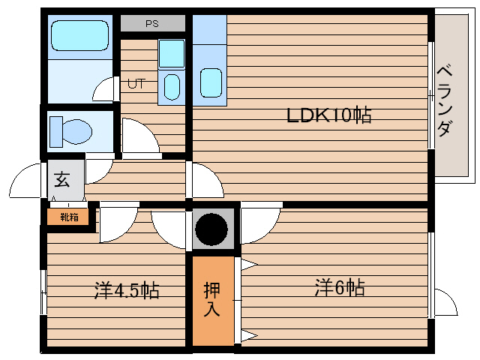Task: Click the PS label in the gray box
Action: click(152, 23)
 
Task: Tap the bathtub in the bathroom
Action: click(79, 35)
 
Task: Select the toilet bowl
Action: click(77, 132)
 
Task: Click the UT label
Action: click(136, 83)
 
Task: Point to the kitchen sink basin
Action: click(211, 82)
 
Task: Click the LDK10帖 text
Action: click(329, 115)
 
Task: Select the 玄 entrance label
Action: click(62, 179)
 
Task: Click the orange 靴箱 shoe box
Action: click(68, 217)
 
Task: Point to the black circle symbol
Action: click(211, 229)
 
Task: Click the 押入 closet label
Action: click(211, 300)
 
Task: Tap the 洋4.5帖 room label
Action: click(127, 289)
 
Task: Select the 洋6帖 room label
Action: click(340, 287)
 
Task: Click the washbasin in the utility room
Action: click(172, 87)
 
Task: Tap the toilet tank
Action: click(56, 132)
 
